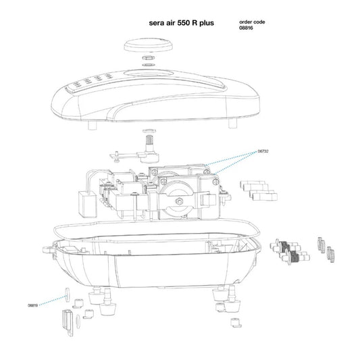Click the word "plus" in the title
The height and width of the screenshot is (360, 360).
[207, 23]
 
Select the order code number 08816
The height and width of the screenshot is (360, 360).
[246, 28]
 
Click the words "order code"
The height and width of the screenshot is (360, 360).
[252, 22]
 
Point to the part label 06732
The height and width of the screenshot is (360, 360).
[263, 151]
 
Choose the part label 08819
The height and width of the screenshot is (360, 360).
[33, 305]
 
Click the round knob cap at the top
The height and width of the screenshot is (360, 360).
[149, 45]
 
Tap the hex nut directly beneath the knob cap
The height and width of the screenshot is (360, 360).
[149, 57]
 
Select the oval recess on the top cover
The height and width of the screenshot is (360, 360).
[149, 74]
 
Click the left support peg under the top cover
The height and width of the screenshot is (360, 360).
[93, 125]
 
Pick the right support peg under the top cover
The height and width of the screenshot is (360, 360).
[232, 124]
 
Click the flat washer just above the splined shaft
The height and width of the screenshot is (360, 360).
[149, 131]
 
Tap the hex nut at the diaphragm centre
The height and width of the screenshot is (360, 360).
[179, 201]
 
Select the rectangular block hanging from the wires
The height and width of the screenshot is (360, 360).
[88, 205]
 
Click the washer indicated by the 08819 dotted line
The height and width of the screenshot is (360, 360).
[68, 294]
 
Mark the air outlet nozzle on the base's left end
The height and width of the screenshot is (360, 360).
[49, 249]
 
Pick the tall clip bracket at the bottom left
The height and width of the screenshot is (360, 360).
[68, 323]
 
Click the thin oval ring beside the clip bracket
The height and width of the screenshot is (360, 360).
[78, 322]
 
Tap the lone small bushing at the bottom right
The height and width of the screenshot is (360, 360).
[236, 323]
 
